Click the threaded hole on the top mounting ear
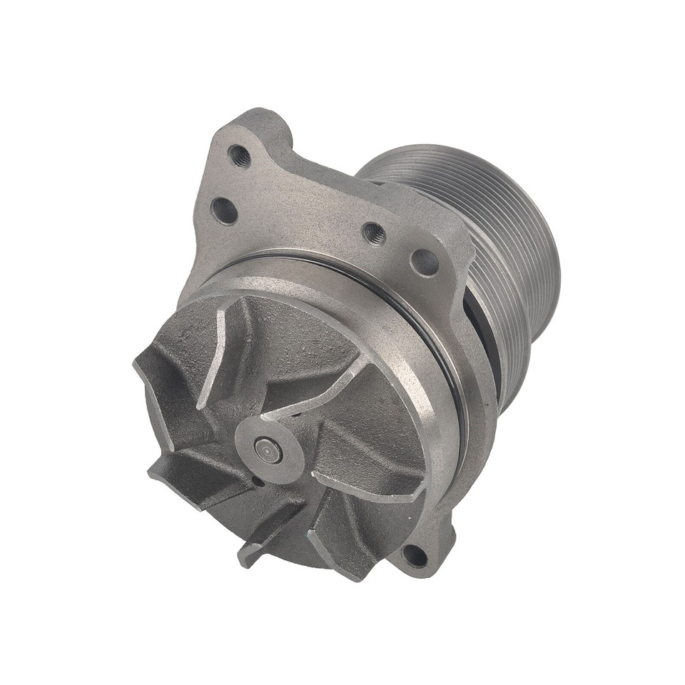[x=238, y=154]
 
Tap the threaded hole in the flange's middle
[x=373, y=233]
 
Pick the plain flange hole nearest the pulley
[x=425, y=263]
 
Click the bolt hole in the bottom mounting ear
[x=415, y=554]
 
